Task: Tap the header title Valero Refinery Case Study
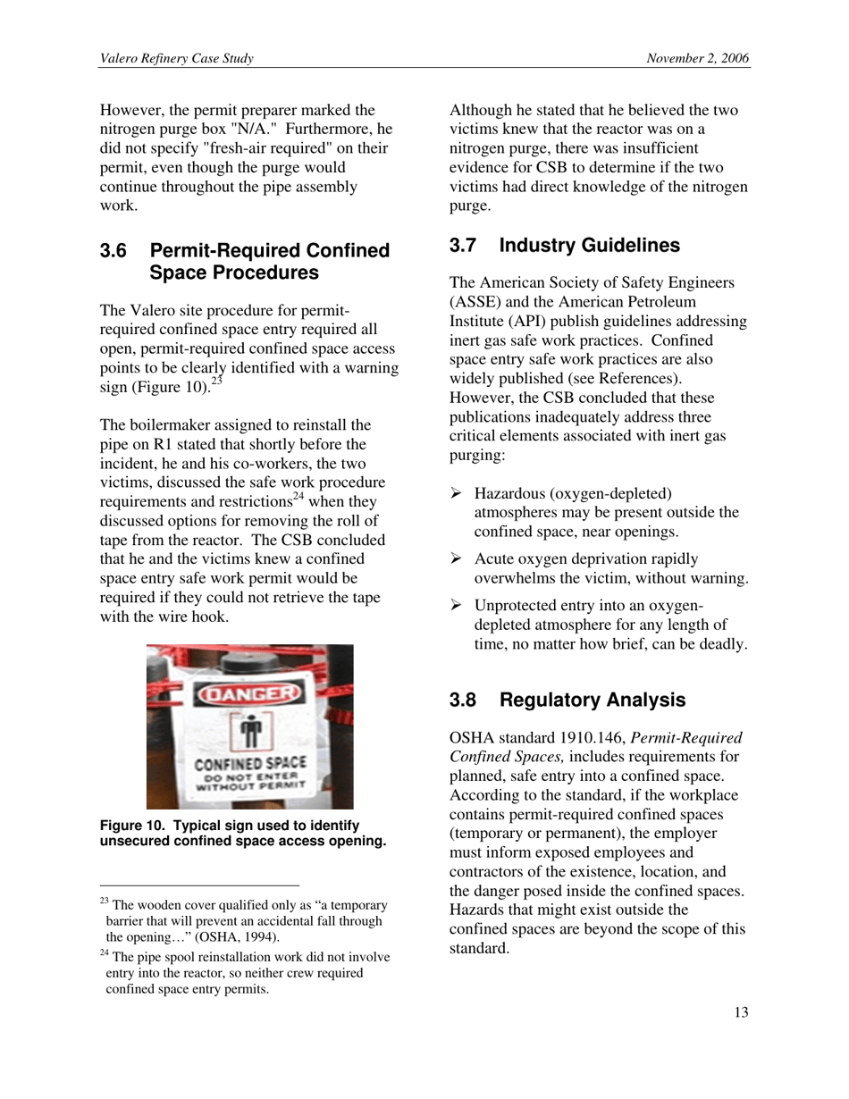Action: (x=177, y=59)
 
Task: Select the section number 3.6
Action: (x=114, y=251)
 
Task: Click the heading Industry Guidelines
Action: (x=590, y=245)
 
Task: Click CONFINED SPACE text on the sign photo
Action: (x=251, y=765)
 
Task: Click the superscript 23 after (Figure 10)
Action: (x=215, y=382)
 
